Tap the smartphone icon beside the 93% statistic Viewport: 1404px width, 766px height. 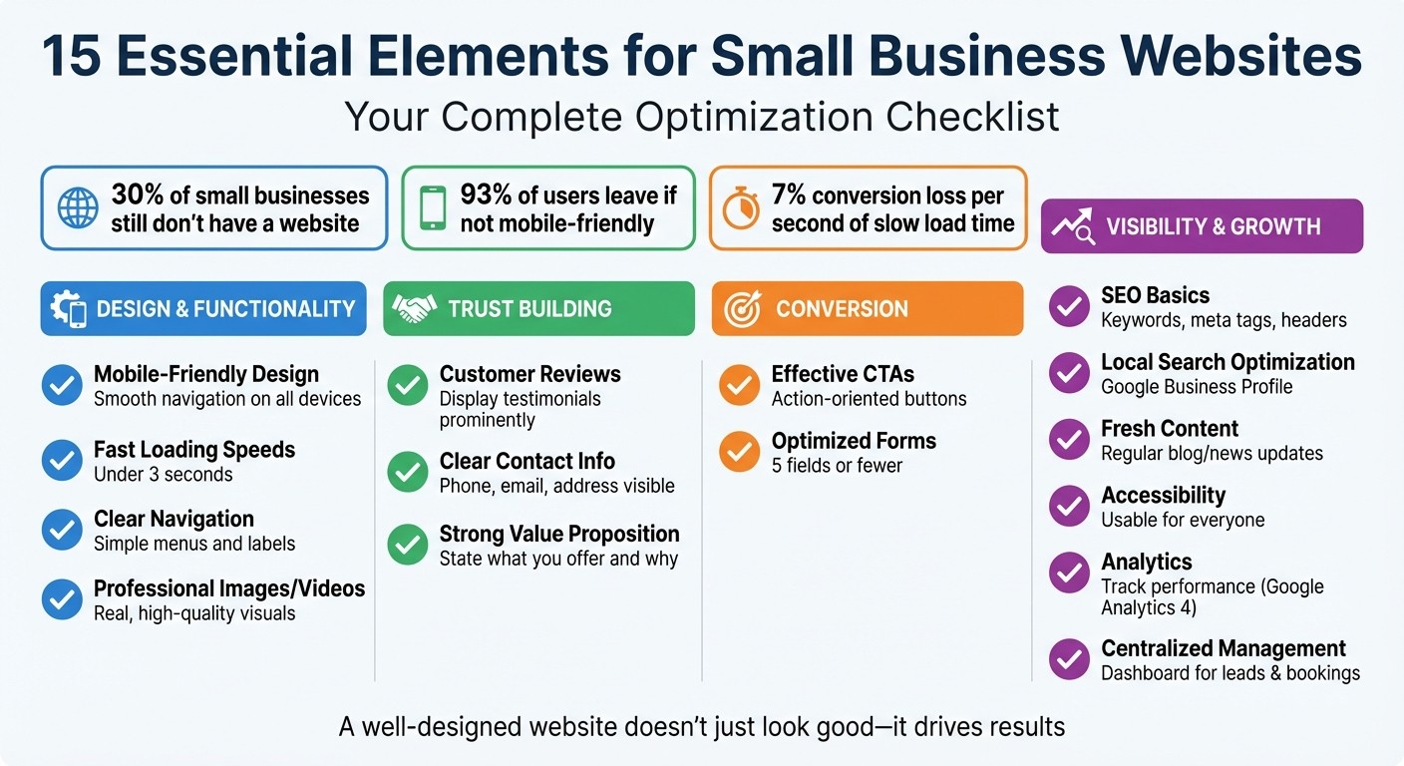pyautogui.click(x=433, y=208)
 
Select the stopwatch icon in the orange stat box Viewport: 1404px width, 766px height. pyautogui.click(x=740, y=208)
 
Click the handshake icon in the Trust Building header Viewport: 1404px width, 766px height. pyautogui.click(x=414, y=308)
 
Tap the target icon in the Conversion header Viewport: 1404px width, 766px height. pyautogui.click(x=741, y=309)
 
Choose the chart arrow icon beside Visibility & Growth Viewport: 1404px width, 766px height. pyautogui.click(x=1071, y=226)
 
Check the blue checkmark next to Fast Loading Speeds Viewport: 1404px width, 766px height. pyautogui.click(x=62, y=460)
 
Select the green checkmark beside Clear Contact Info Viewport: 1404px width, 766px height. pyautogui.click(x=407, y=472)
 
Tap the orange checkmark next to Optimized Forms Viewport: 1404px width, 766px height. pyautogui.click(x=739, y=452)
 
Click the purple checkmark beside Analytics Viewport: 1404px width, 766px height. pyautogui.click(x=1069, y=573)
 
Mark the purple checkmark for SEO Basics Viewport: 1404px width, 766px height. pyautogui.click(x=1069, y=306)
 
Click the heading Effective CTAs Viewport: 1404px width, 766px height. pyautogui.click(x=843, y=374)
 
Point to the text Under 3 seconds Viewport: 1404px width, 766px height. pyautogui.click(x=164, y=474)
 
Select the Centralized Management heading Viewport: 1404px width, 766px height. pyautogui.click(x=1224, y=648)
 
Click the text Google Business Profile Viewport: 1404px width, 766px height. pyautogui.click(x=1197, y=387)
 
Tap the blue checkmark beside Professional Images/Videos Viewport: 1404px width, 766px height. pyautogui.click(x=62, y=599)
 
